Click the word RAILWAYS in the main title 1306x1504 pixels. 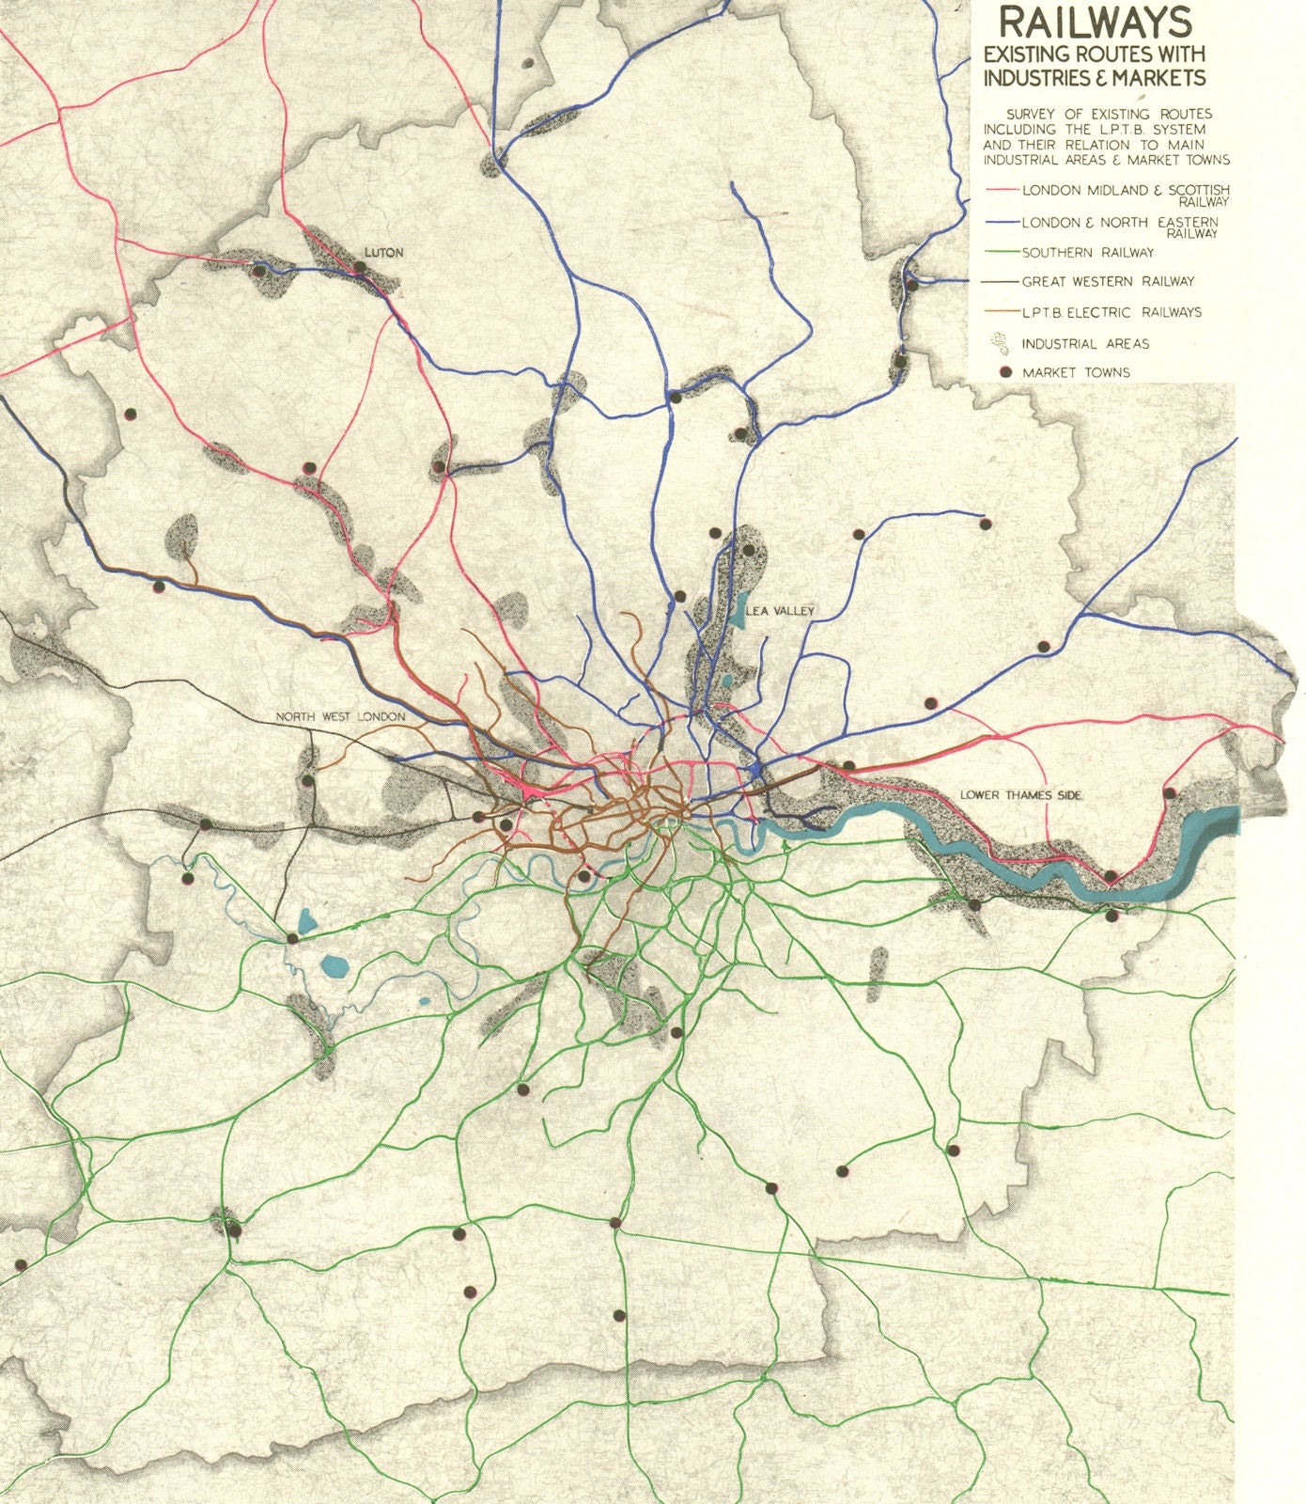coord(1095,23)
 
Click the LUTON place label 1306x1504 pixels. coord(383,253)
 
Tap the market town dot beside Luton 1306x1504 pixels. coord(360,267)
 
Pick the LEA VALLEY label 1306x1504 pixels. coord(780,611)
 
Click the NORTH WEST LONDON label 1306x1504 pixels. coord(340,716)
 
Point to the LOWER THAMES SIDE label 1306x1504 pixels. coord(1020,795)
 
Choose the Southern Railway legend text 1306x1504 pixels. coord(1088,252)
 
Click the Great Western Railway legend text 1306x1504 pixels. coord(1108,281)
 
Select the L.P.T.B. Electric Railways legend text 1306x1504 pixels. coord(1112,312)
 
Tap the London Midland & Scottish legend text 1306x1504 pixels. coord(1125,191)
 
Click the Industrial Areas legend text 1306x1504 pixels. coord(1085,344)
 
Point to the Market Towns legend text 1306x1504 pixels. coord(1076,372)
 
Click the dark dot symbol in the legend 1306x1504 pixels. coord(1005,372)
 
